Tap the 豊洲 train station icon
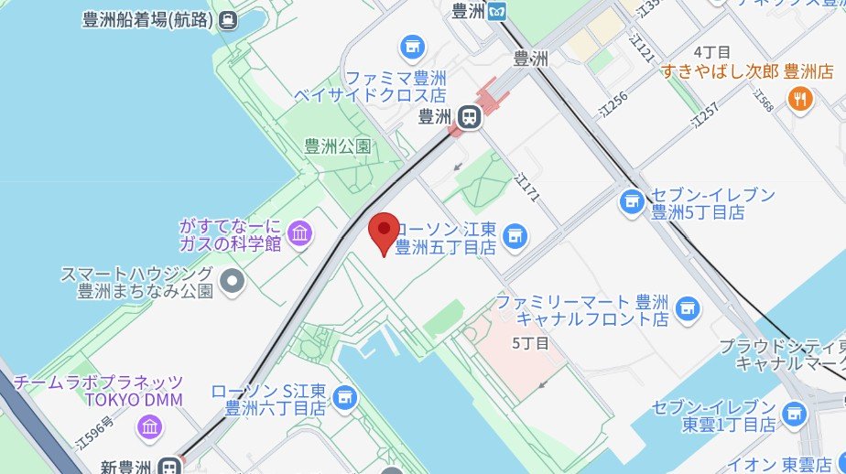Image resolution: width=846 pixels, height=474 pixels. pos(470,116)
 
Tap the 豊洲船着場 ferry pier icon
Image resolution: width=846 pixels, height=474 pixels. pos(228,18)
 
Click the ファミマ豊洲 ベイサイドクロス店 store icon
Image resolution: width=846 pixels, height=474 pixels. pos(412,45)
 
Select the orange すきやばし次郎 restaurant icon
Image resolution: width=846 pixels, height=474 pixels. pos(800,99)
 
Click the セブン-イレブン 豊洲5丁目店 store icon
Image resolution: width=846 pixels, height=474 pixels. pos(631,201)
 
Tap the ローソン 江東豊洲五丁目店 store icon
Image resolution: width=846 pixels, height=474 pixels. pos(515,236)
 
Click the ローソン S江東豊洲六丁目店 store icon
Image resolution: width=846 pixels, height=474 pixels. pos(344,398)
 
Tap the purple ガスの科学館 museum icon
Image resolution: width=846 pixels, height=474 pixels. pos(299,233)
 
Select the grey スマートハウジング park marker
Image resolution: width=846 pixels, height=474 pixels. pos(233,281)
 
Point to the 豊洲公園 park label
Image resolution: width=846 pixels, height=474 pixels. pos(337,145)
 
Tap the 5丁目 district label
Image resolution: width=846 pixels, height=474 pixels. pos(530,343)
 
